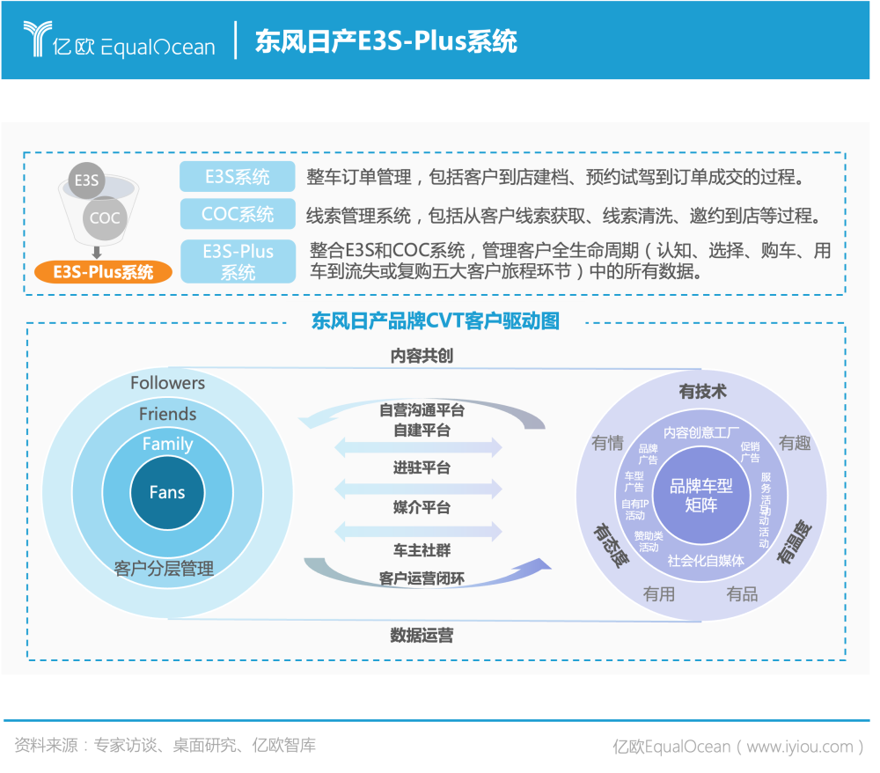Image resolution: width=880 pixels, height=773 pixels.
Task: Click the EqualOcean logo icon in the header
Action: pyautogui.click(x=39, y=40)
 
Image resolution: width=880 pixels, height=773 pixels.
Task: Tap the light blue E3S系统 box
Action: pyautogui.click(x=238, y=177)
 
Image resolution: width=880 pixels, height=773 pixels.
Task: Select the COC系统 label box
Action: pyautogui.click(x=238, y=214)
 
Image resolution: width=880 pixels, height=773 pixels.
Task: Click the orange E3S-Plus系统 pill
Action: pyautogui.click(x=103, y=271)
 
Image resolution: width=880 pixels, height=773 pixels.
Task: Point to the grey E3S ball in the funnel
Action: pyautogui.click(x=86, y=180)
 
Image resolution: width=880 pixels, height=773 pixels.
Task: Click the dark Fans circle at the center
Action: pyautogui.click(x=167, y=492)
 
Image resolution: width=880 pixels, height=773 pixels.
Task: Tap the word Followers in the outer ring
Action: pyautogui.click(x=167, y=383)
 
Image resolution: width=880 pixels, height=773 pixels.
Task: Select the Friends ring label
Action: pyautogui.click(x=167, y=414)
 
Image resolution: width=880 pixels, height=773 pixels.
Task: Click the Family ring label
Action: pyautogui.click(x=167, y=444)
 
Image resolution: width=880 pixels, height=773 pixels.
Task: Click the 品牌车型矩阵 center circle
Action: pyautogui.click(x=701, y=496)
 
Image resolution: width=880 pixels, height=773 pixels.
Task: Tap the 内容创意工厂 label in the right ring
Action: pyautogui.click(x=701, y=432)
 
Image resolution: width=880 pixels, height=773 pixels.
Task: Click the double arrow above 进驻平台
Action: pyautogui.click(x=418, y=447)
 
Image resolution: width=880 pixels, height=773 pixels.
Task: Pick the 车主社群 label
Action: pyautogui.click(x=422, y=550)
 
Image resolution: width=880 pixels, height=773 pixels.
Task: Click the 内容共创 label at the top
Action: pyautogui.click(x=422, y=356)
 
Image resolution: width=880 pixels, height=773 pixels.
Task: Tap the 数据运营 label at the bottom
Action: pyautogui.click(x=422, y=635)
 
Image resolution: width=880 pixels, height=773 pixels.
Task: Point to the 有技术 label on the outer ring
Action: pyautogui.click(x=702, y=392)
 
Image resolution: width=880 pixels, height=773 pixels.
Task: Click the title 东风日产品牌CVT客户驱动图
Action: pyautogui.click(x=436, y=320)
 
